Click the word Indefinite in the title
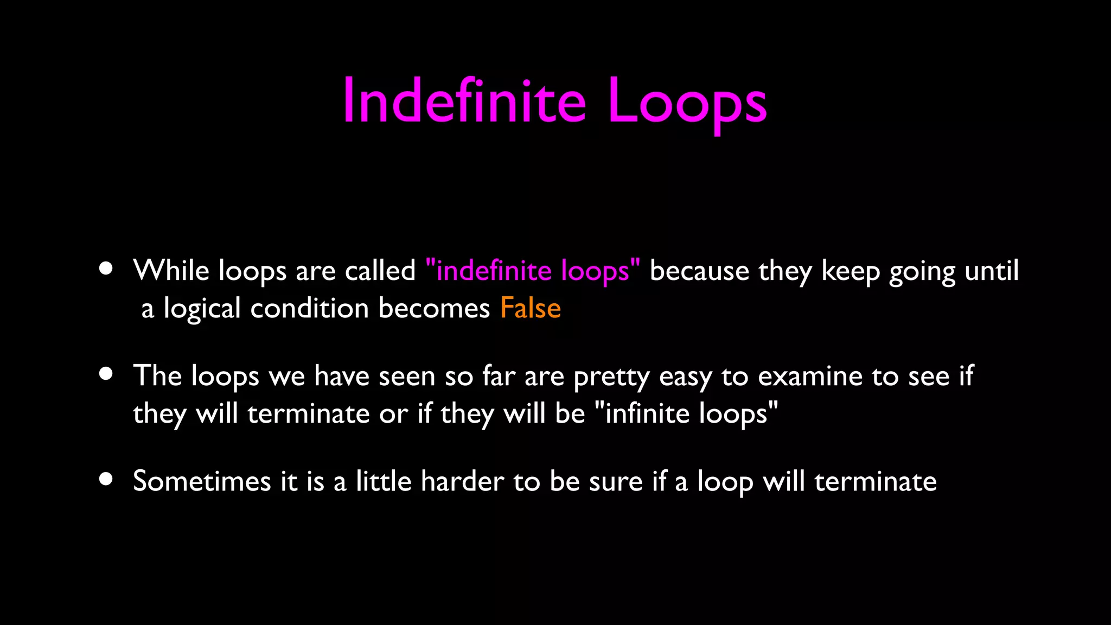464,101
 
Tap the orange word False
530,308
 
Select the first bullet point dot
106,269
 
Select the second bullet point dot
106,374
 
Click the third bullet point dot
106,479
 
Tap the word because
699,270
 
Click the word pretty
611,377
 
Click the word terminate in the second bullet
308,413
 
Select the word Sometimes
202,481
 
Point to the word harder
462,481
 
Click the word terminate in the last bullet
875,481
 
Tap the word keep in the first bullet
850,271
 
